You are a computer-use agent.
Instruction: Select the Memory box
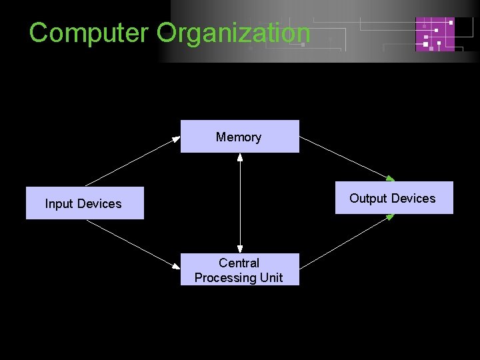click(x=239, y=137)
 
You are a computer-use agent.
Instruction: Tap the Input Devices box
click(x=85, y=203)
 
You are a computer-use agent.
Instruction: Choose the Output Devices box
click(x=393, y=198)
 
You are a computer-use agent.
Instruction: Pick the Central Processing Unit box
click(x=239, y=270)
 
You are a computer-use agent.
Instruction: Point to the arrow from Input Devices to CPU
click(x=133, y=244)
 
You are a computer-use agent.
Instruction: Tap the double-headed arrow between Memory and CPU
click(x=239, y=203)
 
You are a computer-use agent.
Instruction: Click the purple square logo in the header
click(x=435, y=34)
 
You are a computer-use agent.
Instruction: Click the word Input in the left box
click(x=58, y=203)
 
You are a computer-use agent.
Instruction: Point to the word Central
click(x=239, y=263)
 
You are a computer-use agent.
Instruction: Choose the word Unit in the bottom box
click(x=271, y=277)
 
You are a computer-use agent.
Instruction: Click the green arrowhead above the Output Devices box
click(x=391, y=178)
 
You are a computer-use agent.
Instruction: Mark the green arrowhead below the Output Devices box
click(x=391, y=217)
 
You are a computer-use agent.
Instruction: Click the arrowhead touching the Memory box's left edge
click(x=177, y=138)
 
